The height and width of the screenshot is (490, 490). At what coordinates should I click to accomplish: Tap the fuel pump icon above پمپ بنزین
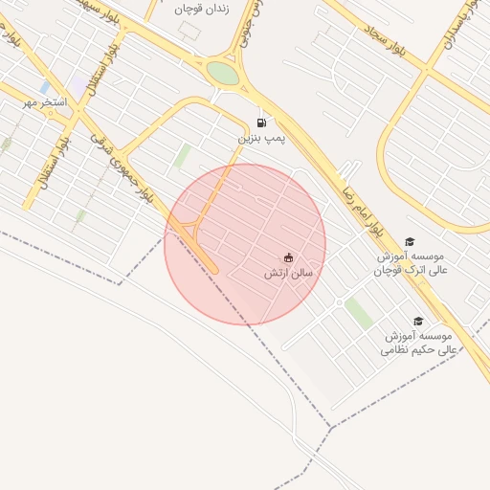262,122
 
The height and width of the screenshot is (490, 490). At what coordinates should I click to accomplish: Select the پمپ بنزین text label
262,139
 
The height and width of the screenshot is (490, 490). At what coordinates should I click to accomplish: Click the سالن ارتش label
289,273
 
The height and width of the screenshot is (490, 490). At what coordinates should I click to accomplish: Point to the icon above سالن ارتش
288,256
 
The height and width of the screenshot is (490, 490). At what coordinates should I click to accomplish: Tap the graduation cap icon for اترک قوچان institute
410,242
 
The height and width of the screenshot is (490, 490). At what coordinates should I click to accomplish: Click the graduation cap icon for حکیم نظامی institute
417,322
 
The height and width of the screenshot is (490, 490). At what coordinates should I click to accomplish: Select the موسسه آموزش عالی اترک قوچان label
412,264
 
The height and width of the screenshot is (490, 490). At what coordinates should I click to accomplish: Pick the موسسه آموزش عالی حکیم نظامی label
420,344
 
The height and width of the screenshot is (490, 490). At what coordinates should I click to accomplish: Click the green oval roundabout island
222,74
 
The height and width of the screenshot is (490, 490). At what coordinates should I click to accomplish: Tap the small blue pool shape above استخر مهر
45,87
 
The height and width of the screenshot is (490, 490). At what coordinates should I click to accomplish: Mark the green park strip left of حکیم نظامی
359,313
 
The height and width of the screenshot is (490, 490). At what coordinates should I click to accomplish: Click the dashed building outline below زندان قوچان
189,30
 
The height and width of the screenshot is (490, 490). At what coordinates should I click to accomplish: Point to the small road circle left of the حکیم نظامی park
339,302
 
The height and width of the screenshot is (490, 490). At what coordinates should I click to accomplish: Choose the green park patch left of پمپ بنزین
182,156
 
